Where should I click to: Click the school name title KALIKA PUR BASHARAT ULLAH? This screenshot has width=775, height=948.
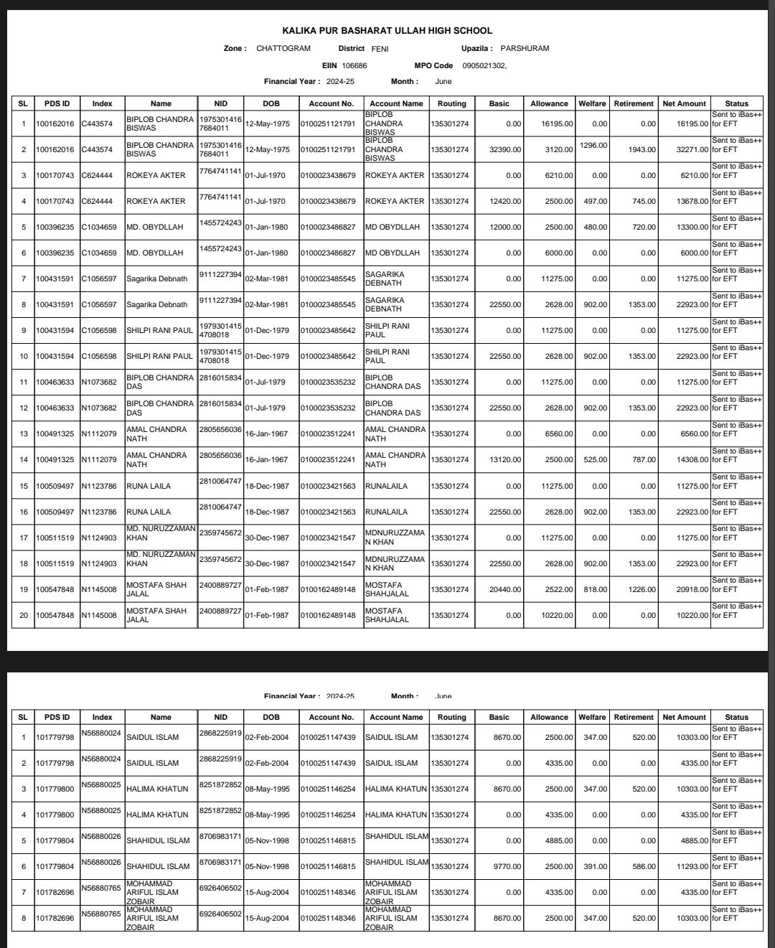[x=387, y=31]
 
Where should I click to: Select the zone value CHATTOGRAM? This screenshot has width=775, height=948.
[x=283, y=49]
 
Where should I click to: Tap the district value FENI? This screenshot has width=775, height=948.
[x=380, y=49]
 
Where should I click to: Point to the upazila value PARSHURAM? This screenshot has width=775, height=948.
[x=525, y=49]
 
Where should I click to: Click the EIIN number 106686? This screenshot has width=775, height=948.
[x=354, y=65]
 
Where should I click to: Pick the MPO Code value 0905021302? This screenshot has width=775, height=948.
[x=484, y=65]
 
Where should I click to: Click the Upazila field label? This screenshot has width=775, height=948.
[x=476, y=49]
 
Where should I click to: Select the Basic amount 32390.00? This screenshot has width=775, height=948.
[x=505, y=150]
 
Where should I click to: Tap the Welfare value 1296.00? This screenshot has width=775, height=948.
[x=593, y=146]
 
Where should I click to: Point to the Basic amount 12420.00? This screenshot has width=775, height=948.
[x=505, y=202]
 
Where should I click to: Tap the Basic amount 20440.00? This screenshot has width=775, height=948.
[x=505, y=590]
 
